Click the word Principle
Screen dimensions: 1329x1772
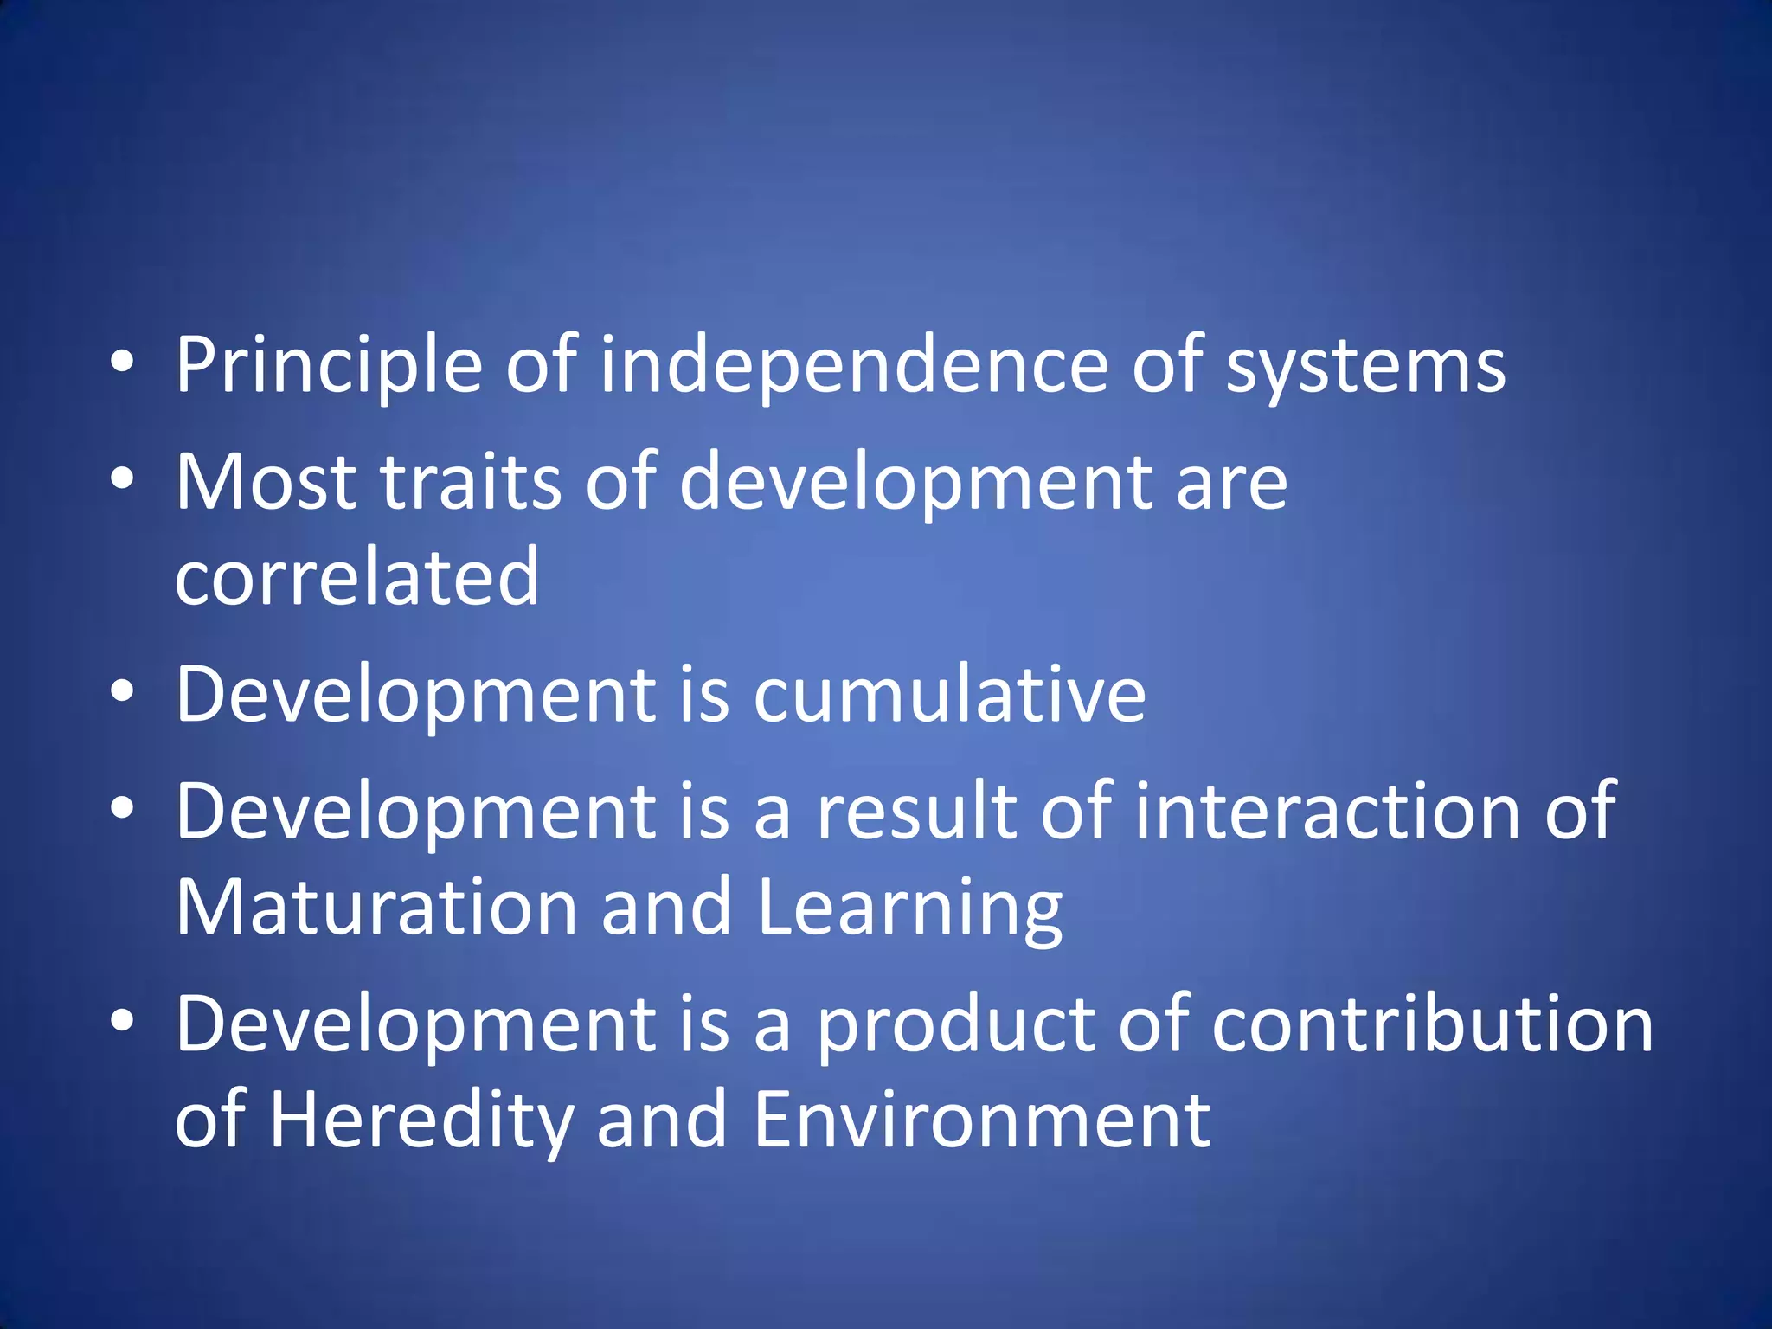329,367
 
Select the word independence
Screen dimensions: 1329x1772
854,367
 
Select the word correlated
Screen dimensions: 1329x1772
356,577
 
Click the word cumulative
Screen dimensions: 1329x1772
949,695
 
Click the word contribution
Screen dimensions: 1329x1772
1433,1024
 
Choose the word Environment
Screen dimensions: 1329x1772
981,1120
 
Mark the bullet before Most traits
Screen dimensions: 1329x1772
123,478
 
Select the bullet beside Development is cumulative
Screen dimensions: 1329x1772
123,691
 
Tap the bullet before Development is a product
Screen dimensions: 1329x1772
123,1021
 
